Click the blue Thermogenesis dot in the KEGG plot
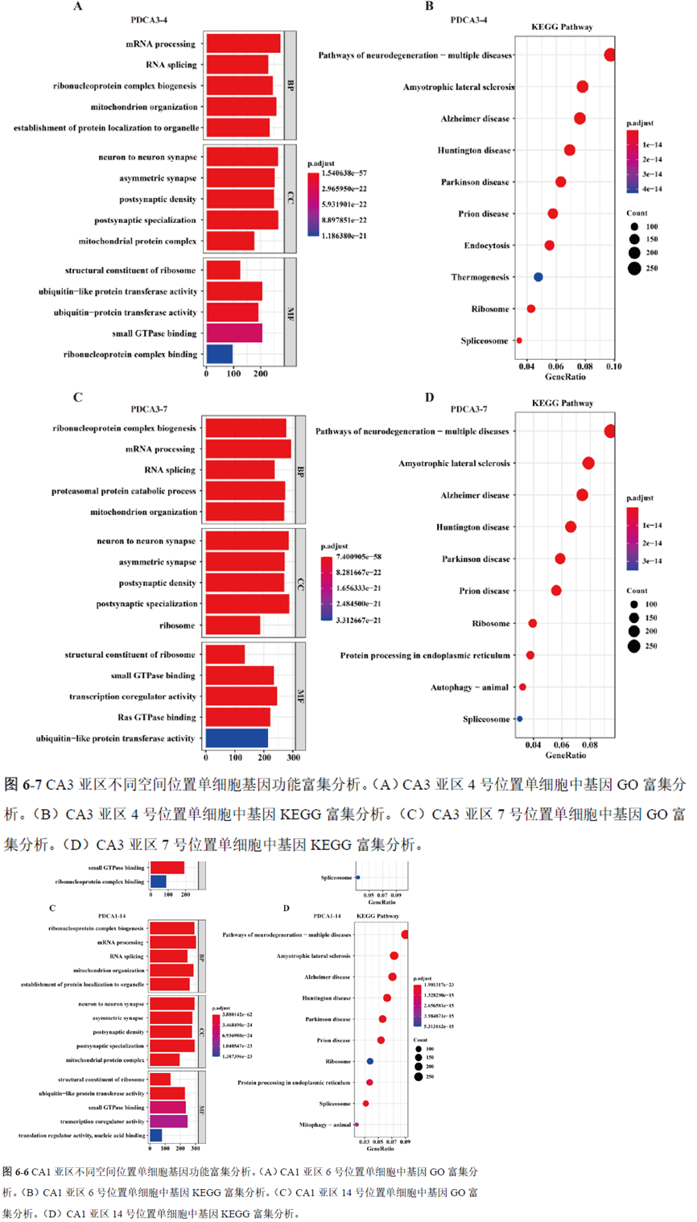click(x=538, y=277)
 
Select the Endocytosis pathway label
click(x=486, y=246)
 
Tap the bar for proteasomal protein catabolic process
click(x=245, y=491)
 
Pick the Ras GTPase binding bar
click(x=237, y=717)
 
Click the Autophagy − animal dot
click(x=522, y=687)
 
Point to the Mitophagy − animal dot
click(x=356, y=1125)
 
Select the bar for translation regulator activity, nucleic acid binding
click(x=156, y=1135)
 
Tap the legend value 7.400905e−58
click(x=351, y=556)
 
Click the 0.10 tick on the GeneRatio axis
click(x=613, y=366)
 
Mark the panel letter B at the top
click(x=429, y=6)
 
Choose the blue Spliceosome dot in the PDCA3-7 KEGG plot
click(x=519, y=719)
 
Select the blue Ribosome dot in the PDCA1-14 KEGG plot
click(x=369, y=1061)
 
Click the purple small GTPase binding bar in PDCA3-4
click(x=233, y=333)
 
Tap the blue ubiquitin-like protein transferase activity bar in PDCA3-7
click(x=237, y=738)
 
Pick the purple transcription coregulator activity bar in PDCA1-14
click(x=168, y=1121)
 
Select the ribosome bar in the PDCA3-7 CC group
click(x=233, y=625)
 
